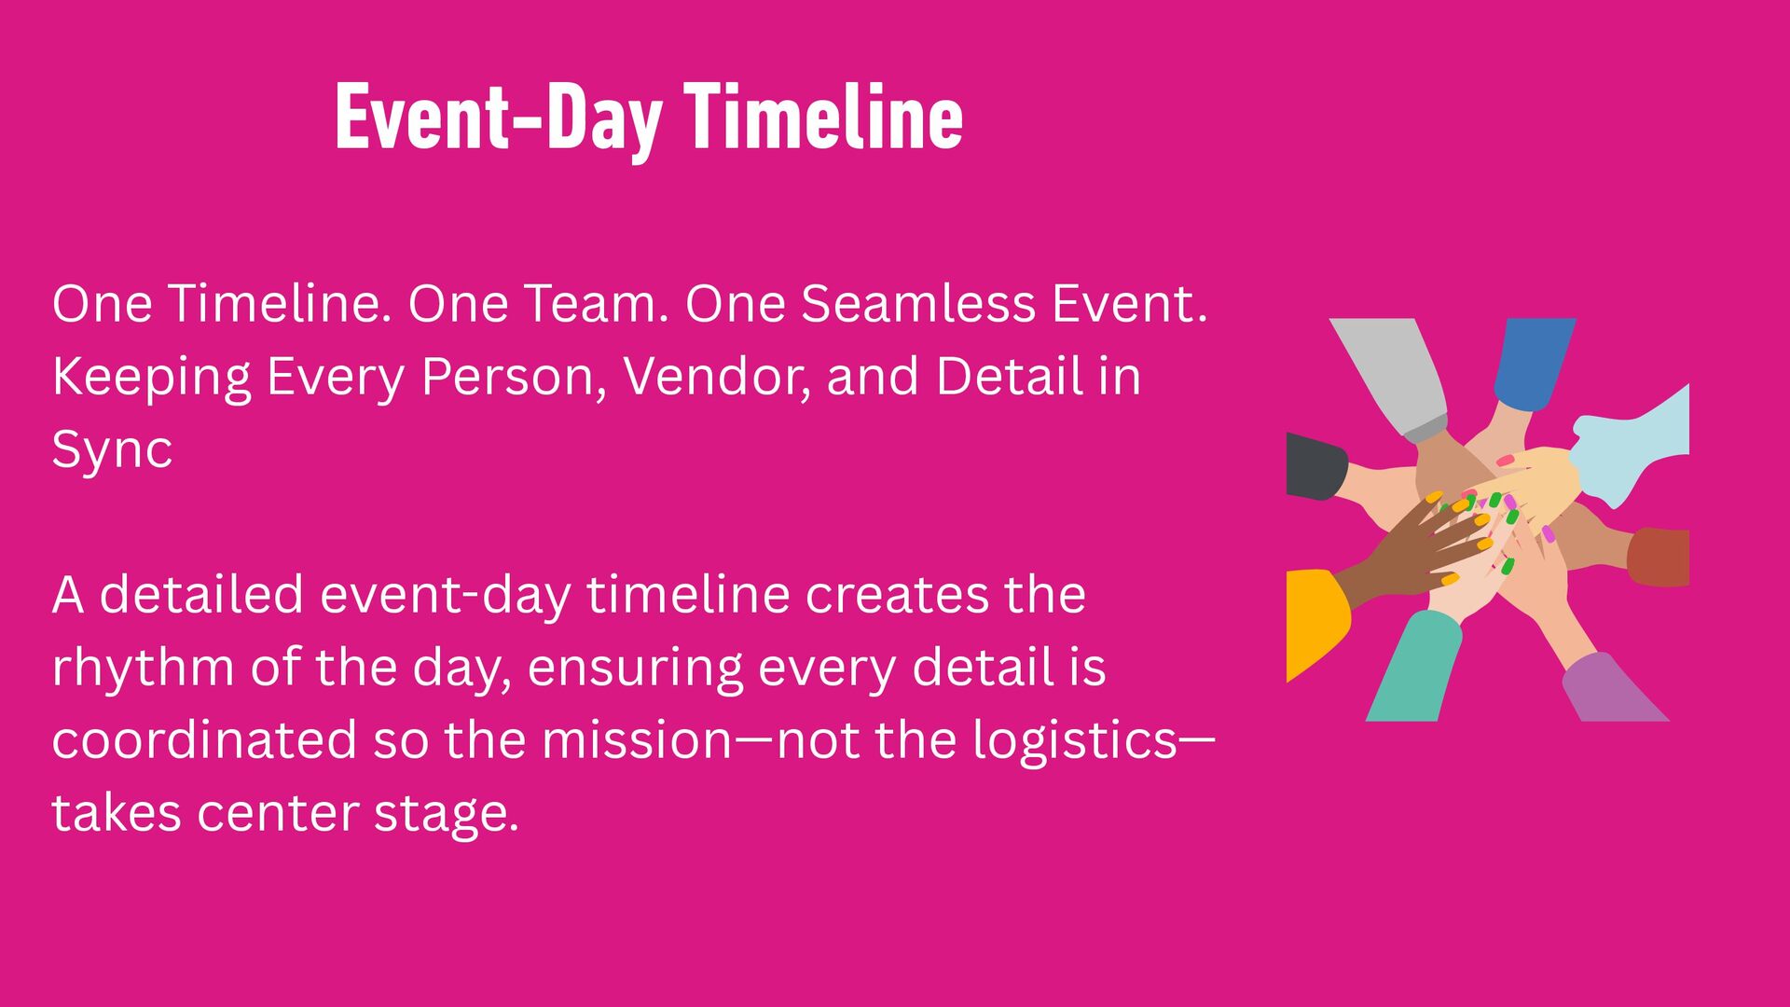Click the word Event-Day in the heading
tap(499, 119)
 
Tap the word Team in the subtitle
tap(596, 304)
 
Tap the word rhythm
tap(143, 668)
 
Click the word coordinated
tap(204, 740)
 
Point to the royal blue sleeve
tap(1533, 363)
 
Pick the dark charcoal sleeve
tap(1315, 466)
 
